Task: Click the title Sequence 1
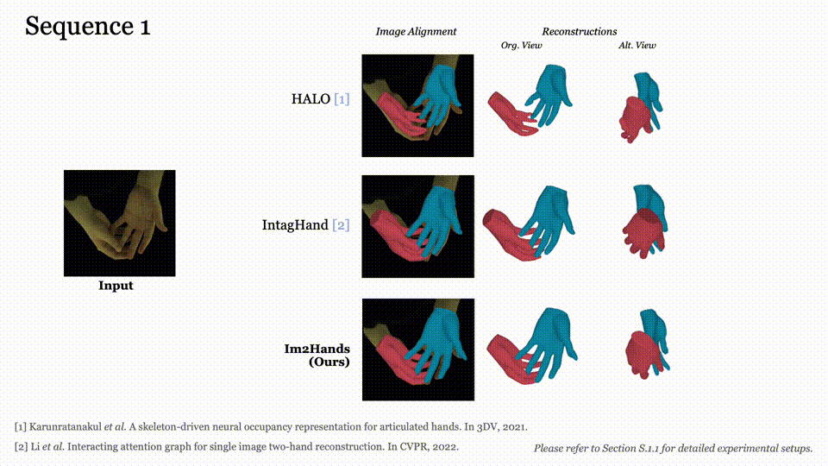click(x=87, y=26)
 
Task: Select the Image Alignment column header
click(x=416, y=32)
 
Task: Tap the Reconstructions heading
click(x=579, y=32)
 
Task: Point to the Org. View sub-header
click(x=521, y=45)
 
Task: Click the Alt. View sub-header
click(x=637, y=45)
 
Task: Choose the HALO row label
click(x=320, y=99)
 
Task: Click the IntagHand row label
click(x=305, y=225)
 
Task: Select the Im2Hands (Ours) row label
click(x=317, y=356)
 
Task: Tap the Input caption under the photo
click(x=116, y=286)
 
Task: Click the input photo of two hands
click(x=119, y=223)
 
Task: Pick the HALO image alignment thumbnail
click(x=417, y=105)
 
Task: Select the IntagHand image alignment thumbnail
click(x=417, y=226)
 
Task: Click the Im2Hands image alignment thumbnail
click(x=417, y=349)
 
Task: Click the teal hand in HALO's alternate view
click(x=647, y=87)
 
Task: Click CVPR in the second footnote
click(x=421, y=447)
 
